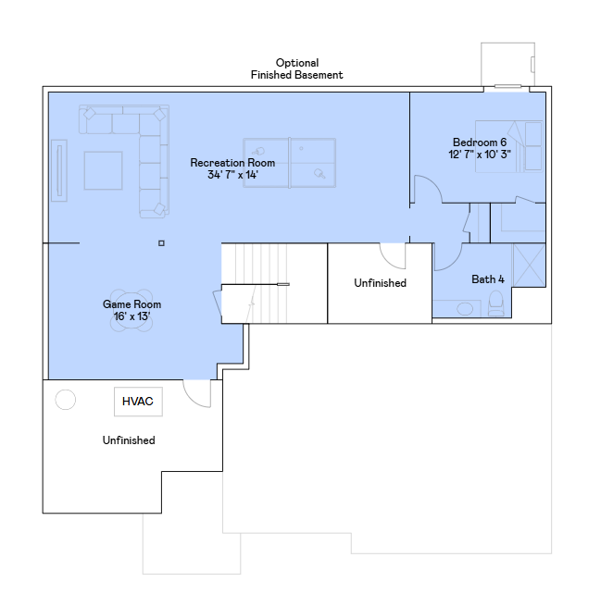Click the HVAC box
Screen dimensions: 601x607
(x=138, y=402)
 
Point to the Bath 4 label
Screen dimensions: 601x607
(x=488, y=279)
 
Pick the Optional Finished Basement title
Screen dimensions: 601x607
(x=297, y=68)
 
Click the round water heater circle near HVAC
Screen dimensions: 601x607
(x=66, y=400)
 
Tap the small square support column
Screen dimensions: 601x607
(x=161, y=243)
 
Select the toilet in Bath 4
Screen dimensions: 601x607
(x=496, y=303)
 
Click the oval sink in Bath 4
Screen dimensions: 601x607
(x=465, y=309)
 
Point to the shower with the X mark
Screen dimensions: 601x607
(x=530, y=266)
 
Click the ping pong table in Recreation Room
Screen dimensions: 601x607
(x=290, y=163)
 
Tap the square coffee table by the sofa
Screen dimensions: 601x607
(x=104, y=170)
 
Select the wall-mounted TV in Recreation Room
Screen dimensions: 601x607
(x=59, y=170)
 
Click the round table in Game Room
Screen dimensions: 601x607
(x=131, y=311)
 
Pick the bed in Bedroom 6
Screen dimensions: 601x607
(x=508, y=146)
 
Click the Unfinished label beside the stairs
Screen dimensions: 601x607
(x=380, y=283)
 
